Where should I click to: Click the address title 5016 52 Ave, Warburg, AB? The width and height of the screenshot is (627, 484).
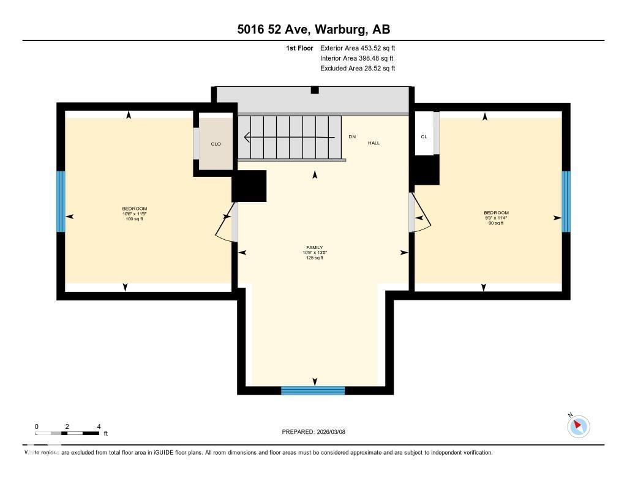(x=313, y=29)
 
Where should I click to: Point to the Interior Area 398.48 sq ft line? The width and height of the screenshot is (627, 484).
(x=356, y=58)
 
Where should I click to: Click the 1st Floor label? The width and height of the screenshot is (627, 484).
(x=299, y=48)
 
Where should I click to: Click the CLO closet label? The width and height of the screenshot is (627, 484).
(x=216, y=144)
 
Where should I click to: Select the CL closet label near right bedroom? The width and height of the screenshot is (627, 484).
(x=424, y=136)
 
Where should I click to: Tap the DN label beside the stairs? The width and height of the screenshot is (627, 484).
(x=352, y=136)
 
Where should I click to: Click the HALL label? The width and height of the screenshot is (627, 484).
(x=374, y=143)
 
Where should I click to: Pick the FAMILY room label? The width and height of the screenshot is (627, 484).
(x=314, y=248)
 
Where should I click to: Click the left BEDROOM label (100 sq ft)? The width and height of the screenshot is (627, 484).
(x=134, y=209)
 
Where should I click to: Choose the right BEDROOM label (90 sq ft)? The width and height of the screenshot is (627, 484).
(x=496, y=213)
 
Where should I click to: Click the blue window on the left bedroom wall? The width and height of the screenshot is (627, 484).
(x=61, y=201)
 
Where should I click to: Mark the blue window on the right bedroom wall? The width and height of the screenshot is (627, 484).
(x=566, y=201)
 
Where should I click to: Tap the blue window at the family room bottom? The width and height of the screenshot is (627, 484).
(x=313, y=390)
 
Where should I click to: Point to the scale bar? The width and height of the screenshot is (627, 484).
(x=67, y=433)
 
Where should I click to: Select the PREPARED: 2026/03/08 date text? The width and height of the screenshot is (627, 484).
(x=313, y=432)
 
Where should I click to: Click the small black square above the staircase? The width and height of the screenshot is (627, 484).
(x=315, y=90)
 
